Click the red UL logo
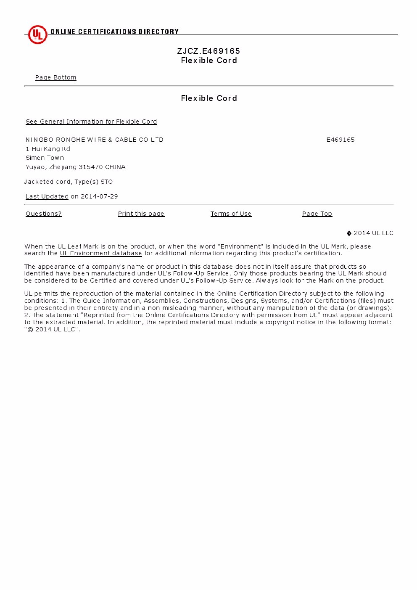pos(37,34)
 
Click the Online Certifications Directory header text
pos(114,32)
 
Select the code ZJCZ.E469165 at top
pos(208,51)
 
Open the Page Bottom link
pos(55,77)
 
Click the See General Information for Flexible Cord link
pos(91,122)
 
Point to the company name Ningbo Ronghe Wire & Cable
pos(94,140)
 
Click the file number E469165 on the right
pos(340,140)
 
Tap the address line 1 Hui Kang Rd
pos(48,149)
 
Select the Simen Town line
pos(45,158)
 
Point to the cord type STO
pos(107,182)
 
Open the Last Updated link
pos(47,196)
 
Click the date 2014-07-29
pos(99,196)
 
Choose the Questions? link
pos(43,214)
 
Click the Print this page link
pos(141,214)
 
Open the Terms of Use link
pos(231,214)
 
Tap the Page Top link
pos(317,214)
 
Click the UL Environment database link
pos(101,253)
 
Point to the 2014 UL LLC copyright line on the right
pos(370,233)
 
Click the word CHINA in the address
pos(115,167)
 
